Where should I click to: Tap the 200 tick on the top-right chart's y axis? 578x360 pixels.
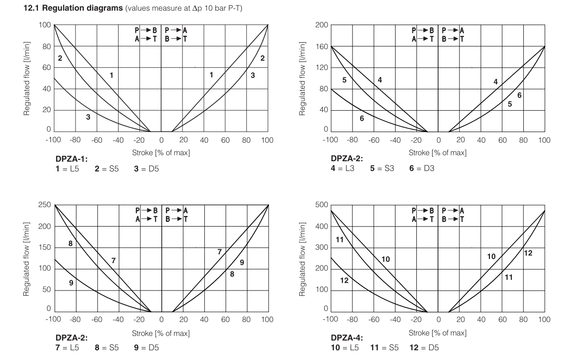[322, 25]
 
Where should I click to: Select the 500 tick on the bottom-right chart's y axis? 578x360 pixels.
[322, 205]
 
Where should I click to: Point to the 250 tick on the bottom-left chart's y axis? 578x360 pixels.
[45, 205]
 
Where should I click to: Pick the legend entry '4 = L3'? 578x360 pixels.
[343, 169]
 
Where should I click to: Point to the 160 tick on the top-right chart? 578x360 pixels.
[322, 46]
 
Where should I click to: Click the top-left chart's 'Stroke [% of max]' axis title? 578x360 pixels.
[161, 152]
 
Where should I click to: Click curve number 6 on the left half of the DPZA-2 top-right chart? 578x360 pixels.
[362, 119]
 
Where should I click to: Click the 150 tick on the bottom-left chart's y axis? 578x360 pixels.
[45, 247]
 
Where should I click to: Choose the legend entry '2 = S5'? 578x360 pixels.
[107, 169]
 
